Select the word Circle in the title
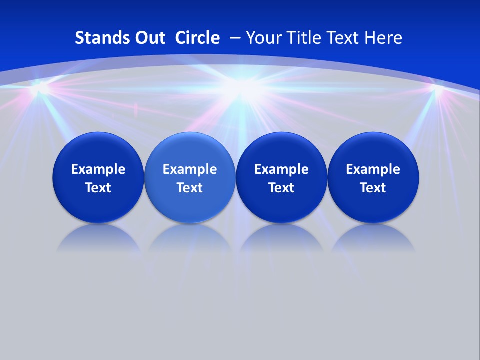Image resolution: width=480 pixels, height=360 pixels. (x=197, y=38)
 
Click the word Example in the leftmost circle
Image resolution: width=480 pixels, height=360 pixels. (x=98, y=169)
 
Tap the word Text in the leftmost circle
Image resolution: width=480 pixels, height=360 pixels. (x=98, y=188)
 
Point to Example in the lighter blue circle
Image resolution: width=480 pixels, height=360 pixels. (x=190, y=169)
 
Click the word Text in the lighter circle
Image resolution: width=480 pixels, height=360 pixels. (x=190, y=188)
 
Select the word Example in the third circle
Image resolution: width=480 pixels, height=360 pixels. (x=281, y=169)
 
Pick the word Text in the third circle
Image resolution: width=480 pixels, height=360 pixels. (x=281, y=188)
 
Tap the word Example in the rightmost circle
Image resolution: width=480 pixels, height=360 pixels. (x=373, y=169)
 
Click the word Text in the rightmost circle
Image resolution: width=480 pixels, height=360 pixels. (x=373, y=188)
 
